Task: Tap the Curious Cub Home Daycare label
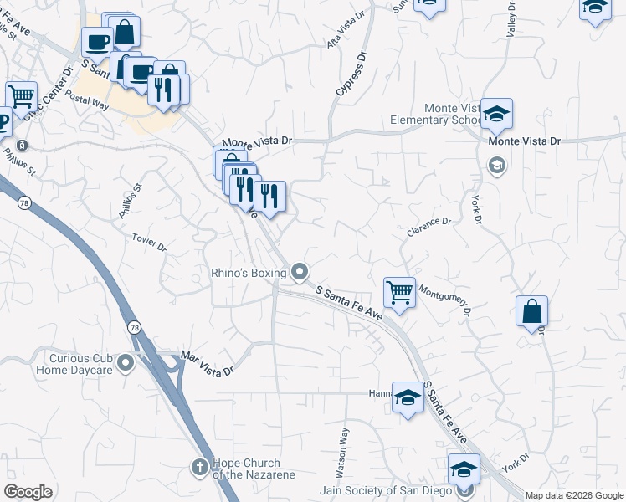click(x=75, y=362)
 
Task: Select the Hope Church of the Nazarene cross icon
click(x=200, y=466)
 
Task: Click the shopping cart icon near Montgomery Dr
click(x=399, y=293)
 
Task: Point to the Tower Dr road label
click(x=149, y=243)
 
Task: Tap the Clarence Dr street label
click(x=429, y=228)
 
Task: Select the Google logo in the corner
click(x=28, y=492)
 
